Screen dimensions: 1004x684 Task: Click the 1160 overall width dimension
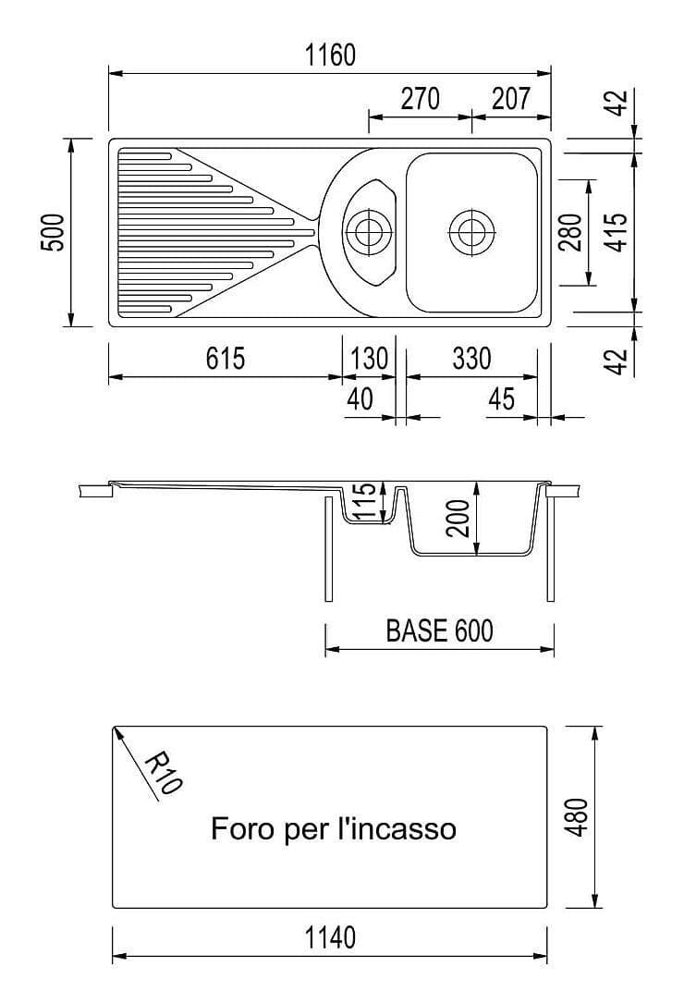330,55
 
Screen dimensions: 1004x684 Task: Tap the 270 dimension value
420,99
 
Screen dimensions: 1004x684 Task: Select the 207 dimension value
511,99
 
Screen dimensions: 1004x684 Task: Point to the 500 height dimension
54,232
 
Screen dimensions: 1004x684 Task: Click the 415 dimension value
617,232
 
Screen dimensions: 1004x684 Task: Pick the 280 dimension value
571,232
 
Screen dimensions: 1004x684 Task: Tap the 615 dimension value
226,359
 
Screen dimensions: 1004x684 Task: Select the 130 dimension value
370,359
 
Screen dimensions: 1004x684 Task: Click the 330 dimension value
471,359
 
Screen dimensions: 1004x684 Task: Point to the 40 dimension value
360,399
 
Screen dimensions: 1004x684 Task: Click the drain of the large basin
471,229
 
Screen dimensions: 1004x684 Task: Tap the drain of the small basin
367,228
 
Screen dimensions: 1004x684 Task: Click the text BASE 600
439,631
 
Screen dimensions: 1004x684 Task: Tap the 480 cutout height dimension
576,817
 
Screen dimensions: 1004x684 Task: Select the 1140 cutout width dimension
330,938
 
